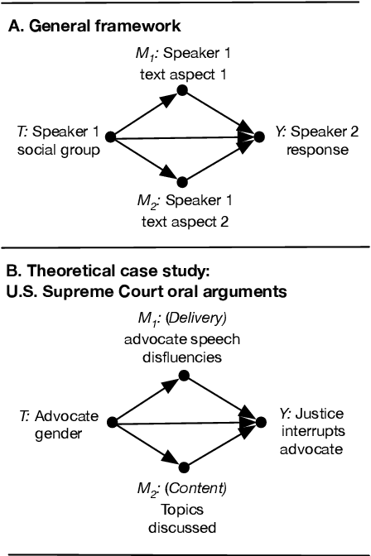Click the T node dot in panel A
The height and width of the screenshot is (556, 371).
109,137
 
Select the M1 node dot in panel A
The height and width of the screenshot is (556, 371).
185,94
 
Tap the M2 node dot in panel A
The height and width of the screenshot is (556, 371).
185,180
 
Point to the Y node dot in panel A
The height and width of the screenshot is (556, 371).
260,137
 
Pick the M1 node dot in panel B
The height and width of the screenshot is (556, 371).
185,377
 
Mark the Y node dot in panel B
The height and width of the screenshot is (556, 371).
260,420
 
